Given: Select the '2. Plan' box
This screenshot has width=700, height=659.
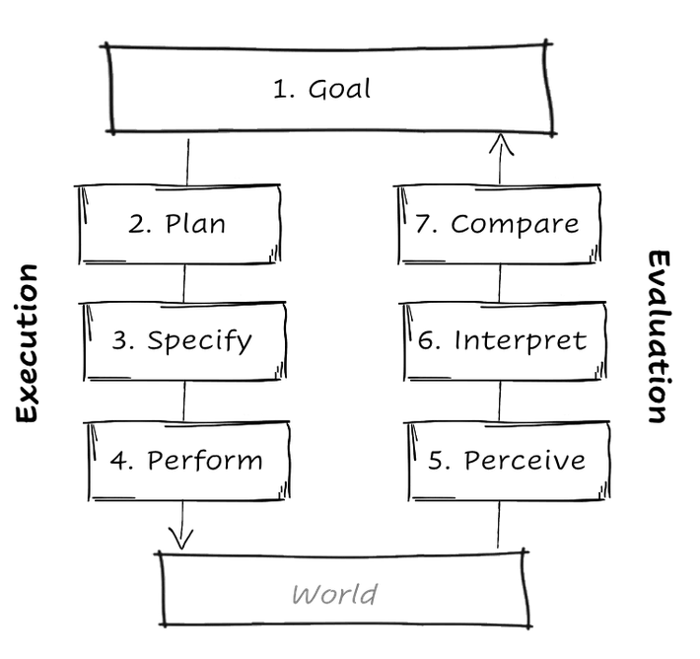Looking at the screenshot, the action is [x=177, y=224].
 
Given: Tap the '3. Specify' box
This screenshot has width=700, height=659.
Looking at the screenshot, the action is [x=183, y=341].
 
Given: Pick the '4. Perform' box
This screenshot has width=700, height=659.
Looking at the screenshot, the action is [x=187, y=461].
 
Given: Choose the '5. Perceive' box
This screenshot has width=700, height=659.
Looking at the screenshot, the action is [x=508, y=461].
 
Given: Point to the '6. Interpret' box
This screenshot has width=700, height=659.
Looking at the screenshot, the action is [x=504, y=341].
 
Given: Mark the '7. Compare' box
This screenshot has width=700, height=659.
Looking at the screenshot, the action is [x=498, y=224].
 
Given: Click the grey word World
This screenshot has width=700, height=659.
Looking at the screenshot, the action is [x=335, y=595].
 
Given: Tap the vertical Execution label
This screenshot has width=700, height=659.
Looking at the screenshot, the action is [x=27, y=343].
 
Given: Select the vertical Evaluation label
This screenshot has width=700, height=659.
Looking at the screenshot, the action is [x=659, y=336].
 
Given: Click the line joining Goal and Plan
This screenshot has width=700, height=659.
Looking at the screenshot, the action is [x=187, y=161].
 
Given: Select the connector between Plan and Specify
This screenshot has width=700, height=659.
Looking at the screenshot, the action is [x=184, y=284].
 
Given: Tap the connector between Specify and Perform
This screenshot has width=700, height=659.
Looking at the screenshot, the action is [x=183, y=402].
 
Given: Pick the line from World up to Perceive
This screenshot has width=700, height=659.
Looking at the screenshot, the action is [x=498, y=524].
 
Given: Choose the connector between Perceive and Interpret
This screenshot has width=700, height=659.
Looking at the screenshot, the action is [x=500, y=402].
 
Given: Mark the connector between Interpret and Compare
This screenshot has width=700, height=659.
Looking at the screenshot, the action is [x=500, y=284].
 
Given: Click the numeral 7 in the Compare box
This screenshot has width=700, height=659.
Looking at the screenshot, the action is [x=422, y=223].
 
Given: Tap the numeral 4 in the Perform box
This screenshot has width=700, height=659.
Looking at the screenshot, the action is [x=119, y=460].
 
